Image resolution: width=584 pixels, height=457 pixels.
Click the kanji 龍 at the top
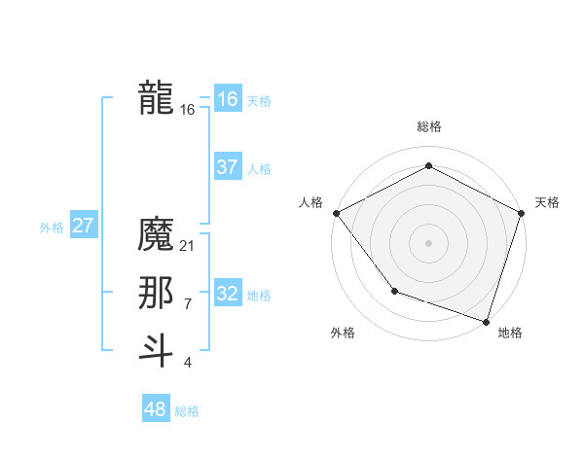pos(157,98)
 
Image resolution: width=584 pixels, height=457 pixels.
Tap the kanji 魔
pos(157,234)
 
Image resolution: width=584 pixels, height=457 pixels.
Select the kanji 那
pos(157,293)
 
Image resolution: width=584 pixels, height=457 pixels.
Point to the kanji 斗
pos(157,350)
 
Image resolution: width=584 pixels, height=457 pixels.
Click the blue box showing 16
pos(228,99)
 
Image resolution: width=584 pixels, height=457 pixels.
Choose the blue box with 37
pos(228,167)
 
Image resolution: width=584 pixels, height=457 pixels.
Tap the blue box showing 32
pos(228,294)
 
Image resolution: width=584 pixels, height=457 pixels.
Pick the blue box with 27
pos(84,226)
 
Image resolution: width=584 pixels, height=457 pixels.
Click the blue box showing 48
pos(156,409)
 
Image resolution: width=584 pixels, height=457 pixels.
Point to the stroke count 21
pos(188,246)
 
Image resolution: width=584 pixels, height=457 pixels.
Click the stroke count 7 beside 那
pos(188,304)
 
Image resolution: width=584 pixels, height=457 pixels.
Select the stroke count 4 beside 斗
pos(188,363)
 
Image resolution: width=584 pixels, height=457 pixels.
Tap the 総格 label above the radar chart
pos(428,126)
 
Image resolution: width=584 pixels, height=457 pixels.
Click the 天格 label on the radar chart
pos(547,202)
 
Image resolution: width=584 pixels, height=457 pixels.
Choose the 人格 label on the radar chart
pos(310,202)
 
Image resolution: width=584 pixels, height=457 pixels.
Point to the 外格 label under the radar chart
pos(343,333)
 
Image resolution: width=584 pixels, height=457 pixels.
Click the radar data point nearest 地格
pos(486,321)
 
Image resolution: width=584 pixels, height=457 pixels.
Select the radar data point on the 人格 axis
pos(336,212)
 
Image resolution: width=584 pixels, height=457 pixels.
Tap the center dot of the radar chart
pos(428,242)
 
